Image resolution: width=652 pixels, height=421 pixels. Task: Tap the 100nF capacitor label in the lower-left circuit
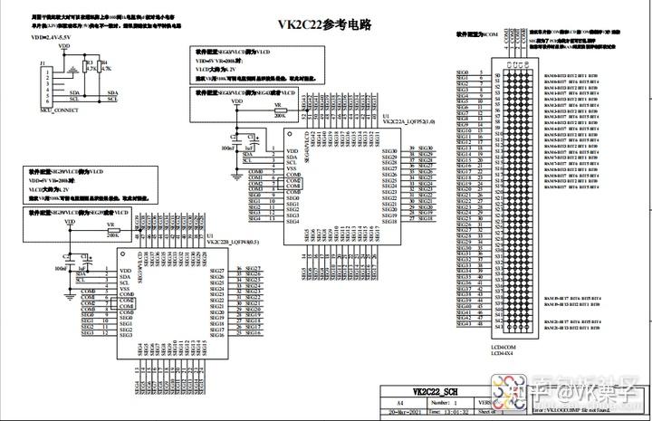[x=61, y=268]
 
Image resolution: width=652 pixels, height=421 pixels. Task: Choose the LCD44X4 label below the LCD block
[x=503, y=354]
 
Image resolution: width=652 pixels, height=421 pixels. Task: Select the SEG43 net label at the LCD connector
[x=463, y=325]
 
